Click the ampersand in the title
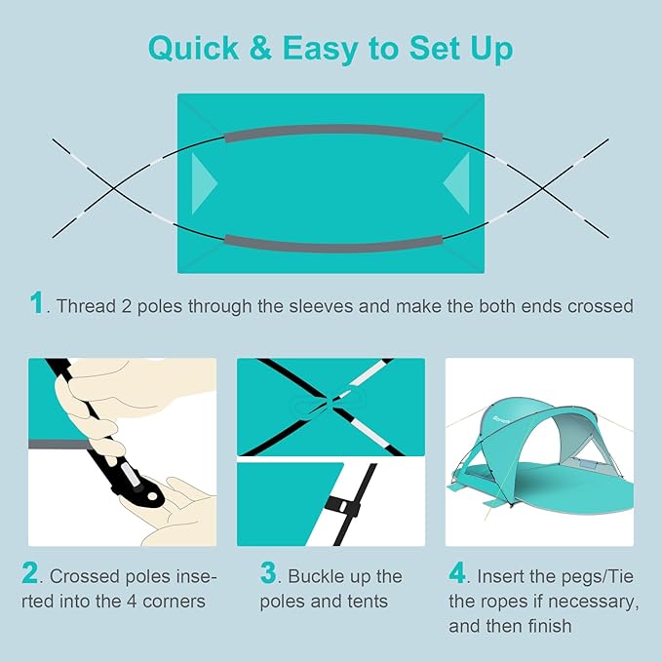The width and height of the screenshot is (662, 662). tap(260, 47)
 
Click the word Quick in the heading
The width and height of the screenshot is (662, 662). tap(194, 48)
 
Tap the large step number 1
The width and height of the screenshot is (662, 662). tap(37, 302)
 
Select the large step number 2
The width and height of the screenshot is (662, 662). tap(30, 572)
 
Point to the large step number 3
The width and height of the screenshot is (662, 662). tap(268, 572)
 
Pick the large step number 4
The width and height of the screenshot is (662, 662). tap(457, 572)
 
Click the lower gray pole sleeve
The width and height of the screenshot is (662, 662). tap(333, 245)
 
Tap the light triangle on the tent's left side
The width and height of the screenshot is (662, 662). tap(202, 183)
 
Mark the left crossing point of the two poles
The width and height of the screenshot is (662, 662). tap(113, 188)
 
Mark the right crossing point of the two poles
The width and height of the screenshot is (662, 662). tap(542, 188)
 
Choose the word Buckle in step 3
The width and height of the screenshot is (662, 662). tap(315, 576)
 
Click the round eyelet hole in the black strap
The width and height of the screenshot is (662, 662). tap(151, 495)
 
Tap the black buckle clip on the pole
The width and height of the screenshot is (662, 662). tap(343, 505)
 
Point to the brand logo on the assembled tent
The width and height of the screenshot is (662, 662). tap(501, 419)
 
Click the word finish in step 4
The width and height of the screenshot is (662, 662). tap(550, 626)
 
